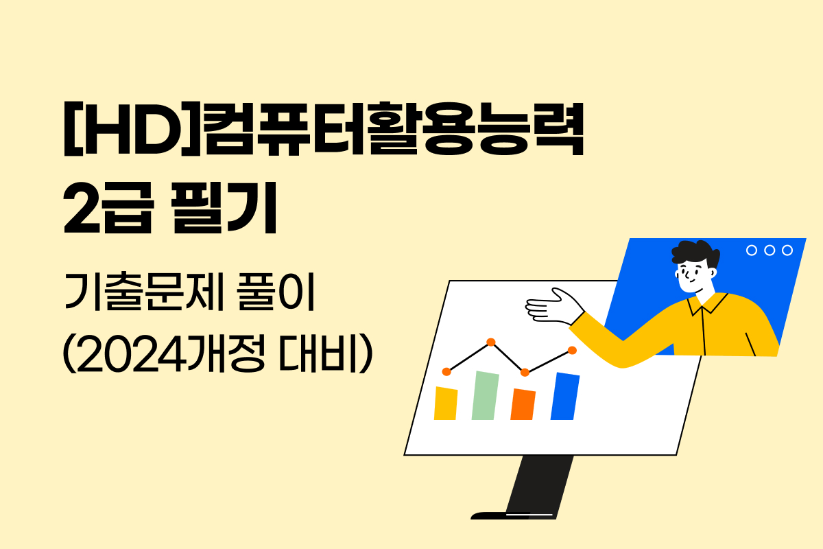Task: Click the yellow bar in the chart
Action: (446, 404)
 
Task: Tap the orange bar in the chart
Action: (523, 405)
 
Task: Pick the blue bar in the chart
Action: (564, 396)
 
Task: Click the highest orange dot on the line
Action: (490, 342)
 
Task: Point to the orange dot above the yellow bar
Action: (446, 371)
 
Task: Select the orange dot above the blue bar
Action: (572, 350)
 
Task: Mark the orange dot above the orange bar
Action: (525, 372)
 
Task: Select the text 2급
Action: (106, 209)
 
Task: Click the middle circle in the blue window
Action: (770, 250)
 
